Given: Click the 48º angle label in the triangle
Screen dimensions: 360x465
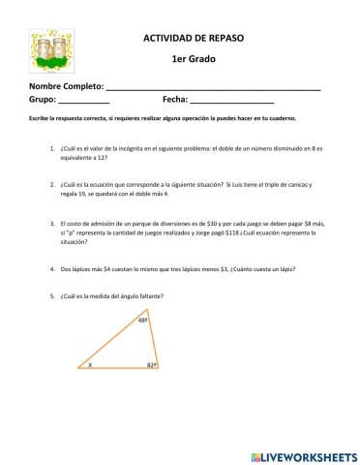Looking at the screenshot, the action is (x=142, y=320).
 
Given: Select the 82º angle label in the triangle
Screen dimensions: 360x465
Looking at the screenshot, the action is (x=151, y=364).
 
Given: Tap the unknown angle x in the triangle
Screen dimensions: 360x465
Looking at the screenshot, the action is (x=90, y=365).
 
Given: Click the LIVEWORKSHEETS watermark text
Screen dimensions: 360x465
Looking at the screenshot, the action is (x=310, y=454).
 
